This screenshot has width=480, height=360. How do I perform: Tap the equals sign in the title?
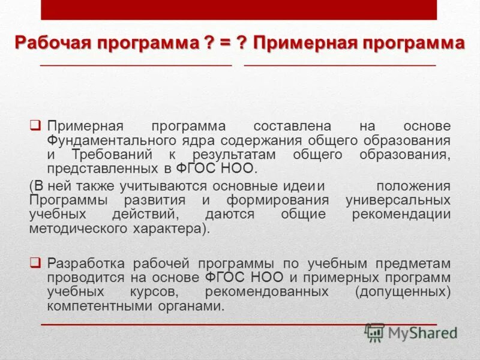click(x=225, y=43)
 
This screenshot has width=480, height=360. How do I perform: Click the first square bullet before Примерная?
click(x=35, y=126)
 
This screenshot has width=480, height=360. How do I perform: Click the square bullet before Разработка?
click(x=35, y=262)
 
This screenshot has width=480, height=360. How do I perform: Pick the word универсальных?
click(x=398, y=200)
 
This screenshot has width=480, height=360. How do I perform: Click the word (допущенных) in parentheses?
click(x=402, y=292)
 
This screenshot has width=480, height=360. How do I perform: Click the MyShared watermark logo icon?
click(x=374, y=332)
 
